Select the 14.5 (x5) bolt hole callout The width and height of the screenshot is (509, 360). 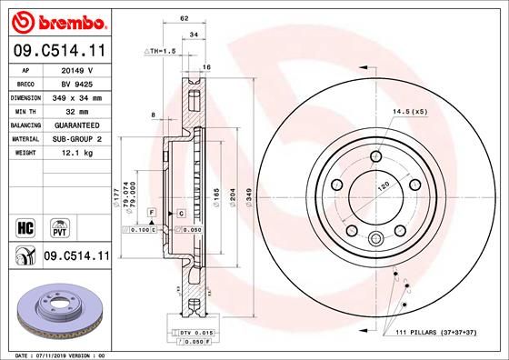tap(410, 112)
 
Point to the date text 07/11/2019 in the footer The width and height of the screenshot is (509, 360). tap(54, 355)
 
